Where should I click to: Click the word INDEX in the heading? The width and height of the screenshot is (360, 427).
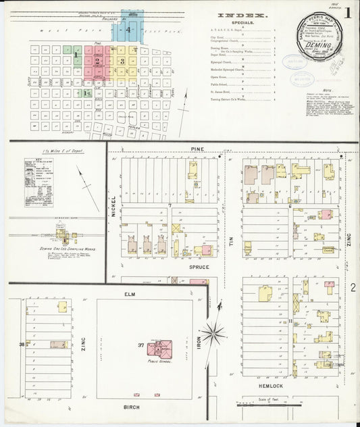[x=242, y=15]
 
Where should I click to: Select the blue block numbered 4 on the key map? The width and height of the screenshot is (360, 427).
[x=127, y=30]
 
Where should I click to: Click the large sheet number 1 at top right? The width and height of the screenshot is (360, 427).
[x=347, y=11]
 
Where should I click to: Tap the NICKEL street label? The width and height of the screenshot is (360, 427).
[x=113, y=205]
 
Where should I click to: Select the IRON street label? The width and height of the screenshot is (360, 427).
[x=199, y=343]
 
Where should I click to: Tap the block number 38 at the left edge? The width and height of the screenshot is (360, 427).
[x=22, y=345]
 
